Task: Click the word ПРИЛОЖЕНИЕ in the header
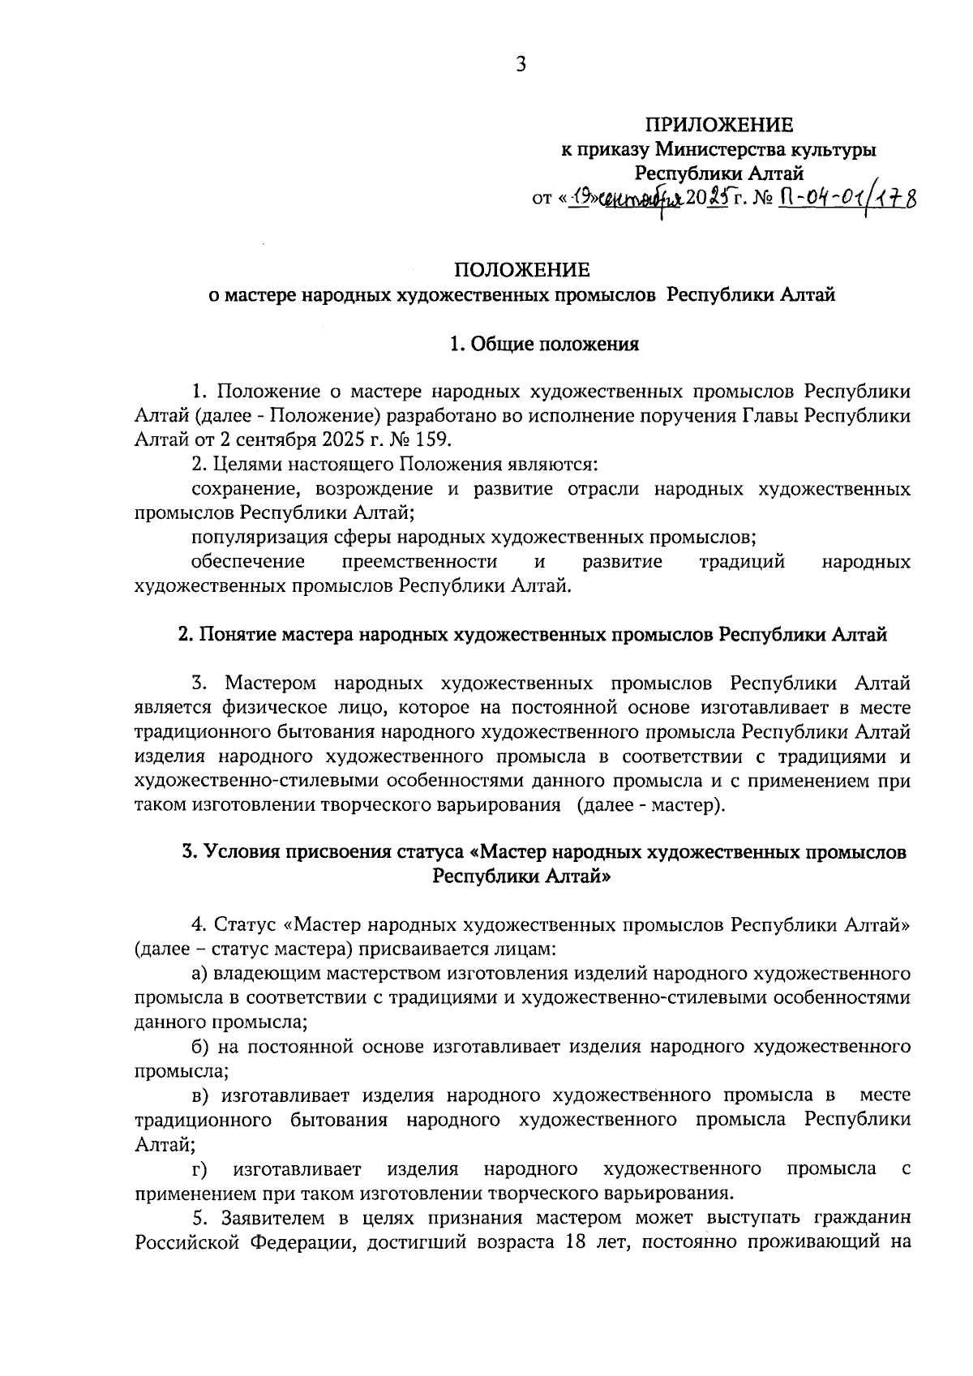coord(718,125)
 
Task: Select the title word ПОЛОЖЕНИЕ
coord(521,269)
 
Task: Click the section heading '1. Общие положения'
coord(544,345)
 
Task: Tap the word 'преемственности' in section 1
coord(419,561)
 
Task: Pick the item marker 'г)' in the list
coord(199,1168)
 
